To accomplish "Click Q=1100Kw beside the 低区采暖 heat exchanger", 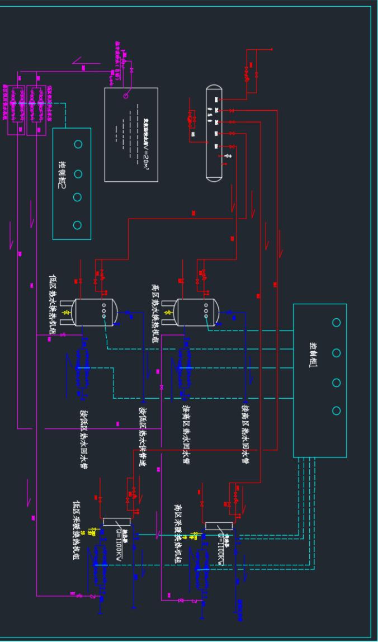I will (117, 537).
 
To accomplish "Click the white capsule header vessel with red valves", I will (214, 133).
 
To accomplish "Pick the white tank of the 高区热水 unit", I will (197, 312).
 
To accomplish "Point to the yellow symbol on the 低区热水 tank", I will (66, 312).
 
